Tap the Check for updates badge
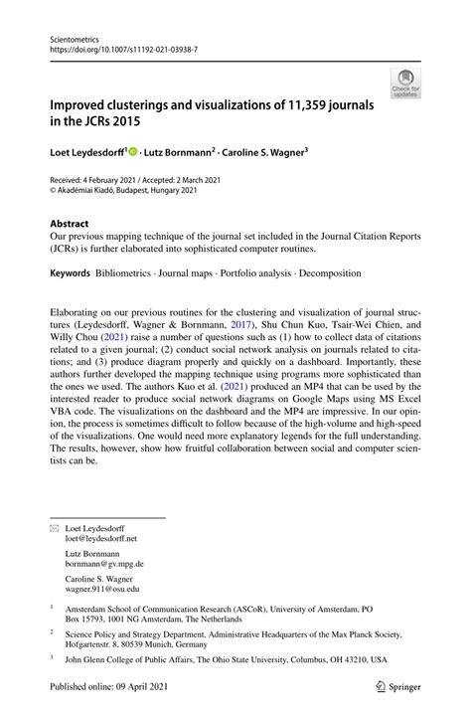405,84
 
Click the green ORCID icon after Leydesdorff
131,152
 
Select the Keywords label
69,269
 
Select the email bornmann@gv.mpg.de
104,563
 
